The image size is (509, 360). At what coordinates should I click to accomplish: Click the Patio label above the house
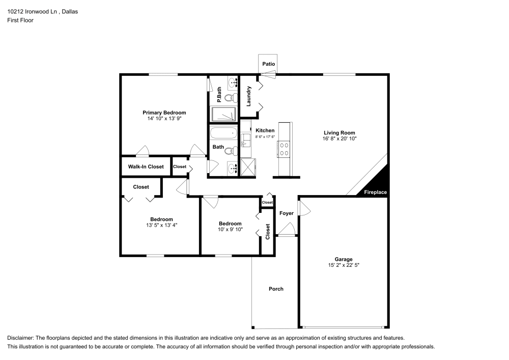[x=268, y=64]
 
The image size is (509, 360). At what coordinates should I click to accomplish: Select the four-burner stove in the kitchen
[x=284, y=149]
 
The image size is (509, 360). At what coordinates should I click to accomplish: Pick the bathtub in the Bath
[x=223, y=134]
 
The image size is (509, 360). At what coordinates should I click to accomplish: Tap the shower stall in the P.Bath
[x=224, y=115]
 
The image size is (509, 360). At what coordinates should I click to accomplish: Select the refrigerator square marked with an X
[x=248, y=166]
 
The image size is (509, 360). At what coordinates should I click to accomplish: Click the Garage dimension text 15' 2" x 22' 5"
[x=344, y=265]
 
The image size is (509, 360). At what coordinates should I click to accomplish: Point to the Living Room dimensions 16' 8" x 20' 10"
[x=339, y=139]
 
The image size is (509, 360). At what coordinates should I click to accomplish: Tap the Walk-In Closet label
[x=146, y=167]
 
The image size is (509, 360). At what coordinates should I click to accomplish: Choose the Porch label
[x=276, y=289]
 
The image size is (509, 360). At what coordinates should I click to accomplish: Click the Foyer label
[x=287, y=213]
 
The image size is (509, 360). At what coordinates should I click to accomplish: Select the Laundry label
[x=249, y=96]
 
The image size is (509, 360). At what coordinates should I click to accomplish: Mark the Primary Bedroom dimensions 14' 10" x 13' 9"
[x=164, y=118]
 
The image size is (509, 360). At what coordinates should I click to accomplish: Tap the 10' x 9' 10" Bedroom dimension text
[x=230, y=230]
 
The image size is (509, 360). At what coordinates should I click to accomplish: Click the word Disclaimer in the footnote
[x=22, y=338]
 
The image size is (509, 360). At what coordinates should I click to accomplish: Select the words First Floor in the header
[x=20, y=20]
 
